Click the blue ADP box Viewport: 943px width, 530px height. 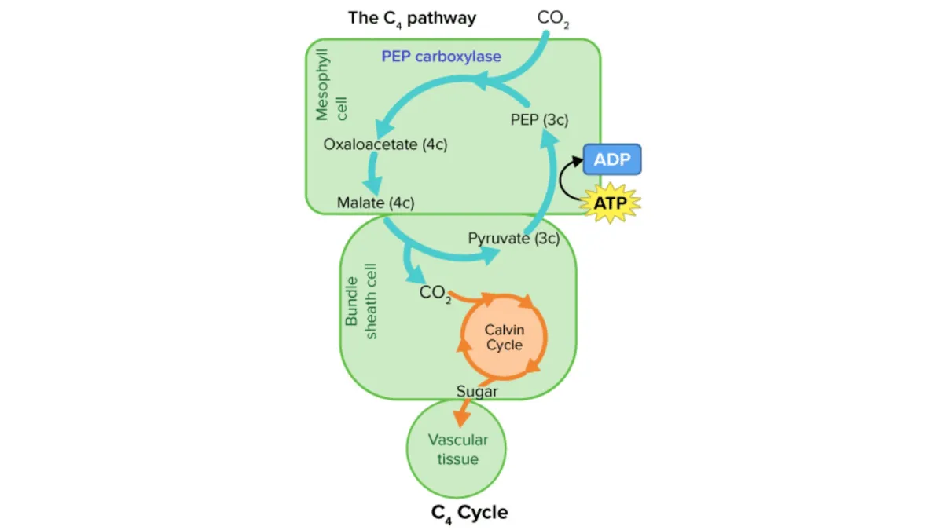612,159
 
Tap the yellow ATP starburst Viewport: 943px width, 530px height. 611,203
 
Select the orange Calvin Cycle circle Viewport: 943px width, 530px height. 504,336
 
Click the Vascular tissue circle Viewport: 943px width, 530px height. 457,449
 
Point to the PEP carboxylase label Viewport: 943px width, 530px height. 441,57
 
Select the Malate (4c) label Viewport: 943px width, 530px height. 376,203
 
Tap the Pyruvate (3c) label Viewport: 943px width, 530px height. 513,238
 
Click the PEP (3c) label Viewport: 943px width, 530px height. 539,119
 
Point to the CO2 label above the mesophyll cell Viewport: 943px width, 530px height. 553,18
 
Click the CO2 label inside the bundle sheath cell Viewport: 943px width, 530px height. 435,293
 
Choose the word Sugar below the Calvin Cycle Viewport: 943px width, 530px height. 477,390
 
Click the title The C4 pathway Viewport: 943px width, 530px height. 412,17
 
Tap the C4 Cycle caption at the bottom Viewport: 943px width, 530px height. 469,513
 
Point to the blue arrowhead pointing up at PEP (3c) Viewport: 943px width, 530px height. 549,138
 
